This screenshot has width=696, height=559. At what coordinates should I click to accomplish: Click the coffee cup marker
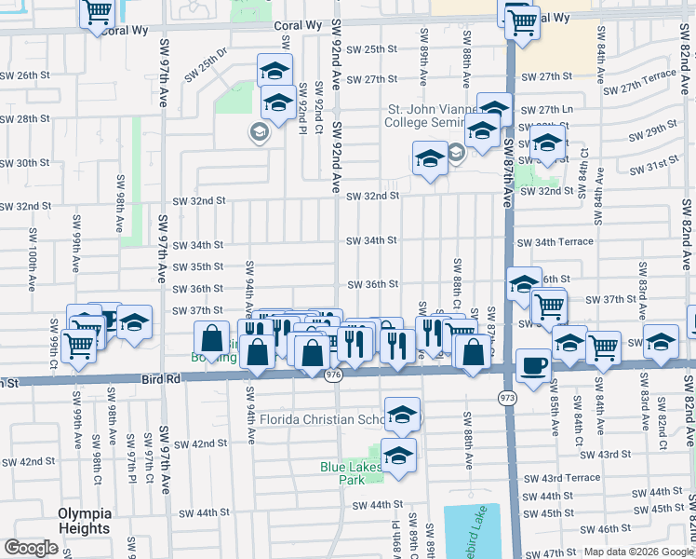pyautogui.click(x=533, y=364)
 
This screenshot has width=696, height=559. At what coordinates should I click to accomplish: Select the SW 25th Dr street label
pyautogui.click(x=206, y=65)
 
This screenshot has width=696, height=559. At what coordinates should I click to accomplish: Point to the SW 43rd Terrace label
pyautogui.click(x=560, y=478)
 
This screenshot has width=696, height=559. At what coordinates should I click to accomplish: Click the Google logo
pyautogui.click(x=31, y=548)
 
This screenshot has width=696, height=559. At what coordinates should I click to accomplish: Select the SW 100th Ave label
pyautogui.click(x=32, y=271)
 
